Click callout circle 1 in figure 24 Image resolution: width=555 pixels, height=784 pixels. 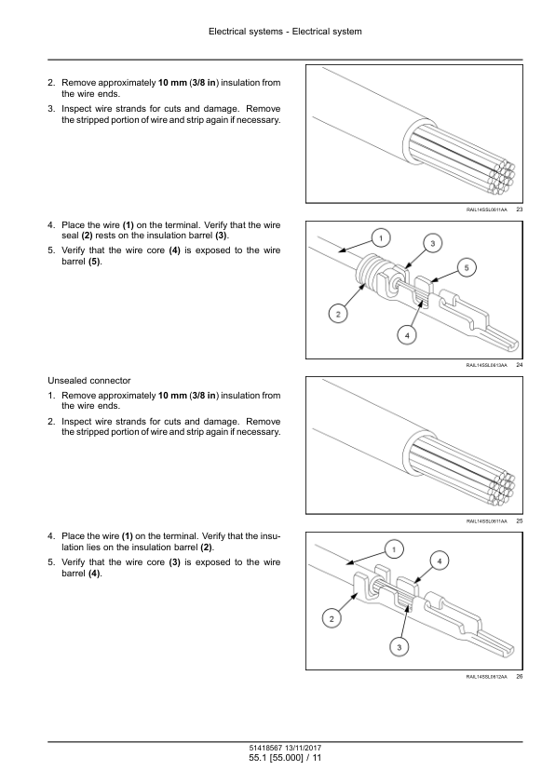(381, 238)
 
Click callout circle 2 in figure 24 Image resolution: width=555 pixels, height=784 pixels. (338, 314)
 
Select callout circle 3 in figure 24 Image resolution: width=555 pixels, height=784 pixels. (433, 244)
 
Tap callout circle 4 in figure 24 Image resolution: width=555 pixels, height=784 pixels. (407, 335)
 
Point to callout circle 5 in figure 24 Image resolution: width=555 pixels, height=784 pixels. (467, 267)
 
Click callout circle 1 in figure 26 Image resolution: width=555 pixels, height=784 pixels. (394, 550)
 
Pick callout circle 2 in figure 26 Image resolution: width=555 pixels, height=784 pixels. (332, 619)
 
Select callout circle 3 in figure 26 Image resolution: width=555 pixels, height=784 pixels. (399, 647)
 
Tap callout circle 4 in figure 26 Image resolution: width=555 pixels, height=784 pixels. (440, 561)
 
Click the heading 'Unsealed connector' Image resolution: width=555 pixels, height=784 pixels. (89, 381)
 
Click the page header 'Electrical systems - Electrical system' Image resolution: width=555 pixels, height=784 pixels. (285, 32)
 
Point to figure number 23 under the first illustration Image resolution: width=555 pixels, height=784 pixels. (519, 210)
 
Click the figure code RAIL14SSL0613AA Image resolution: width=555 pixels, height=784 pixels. (486, 366)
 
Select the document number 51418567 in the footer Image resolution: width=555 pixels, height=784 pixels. (265, 748)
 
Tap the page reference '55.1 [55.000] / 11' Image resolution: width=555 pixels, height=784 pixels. (285, 758)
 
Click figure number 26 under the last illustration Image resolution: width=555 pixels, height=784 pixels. (519, 677)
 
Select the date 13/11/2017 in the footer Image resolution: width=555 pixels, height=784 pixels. (303, 748)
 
